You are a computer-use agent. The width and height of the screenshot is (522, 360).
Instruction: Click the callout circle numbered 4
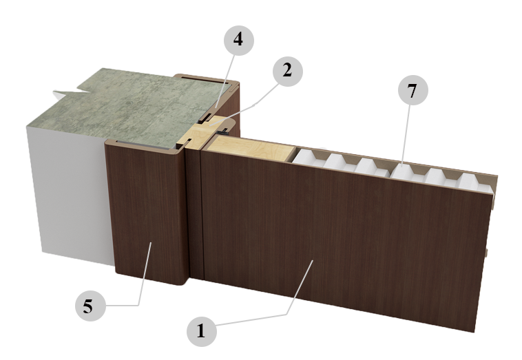(239, 40)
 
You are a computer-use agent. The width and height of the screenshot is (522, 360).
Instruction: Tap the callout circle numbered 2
(288, 71)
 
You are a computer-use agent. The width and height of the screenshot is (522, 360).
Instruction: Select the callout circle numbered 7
(413, 90)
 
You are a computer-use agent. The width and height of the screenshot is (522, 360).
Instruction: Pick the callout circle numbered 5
(90, 306)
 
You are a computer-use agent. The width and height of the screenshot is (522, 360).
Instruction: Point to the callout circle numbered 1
(202, 331)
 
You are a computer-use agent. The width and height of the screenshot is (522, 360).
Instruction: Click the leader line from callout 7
(407, 135)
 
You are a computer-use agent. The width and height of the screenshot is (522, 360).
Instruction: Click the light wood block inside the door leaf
(251, 149)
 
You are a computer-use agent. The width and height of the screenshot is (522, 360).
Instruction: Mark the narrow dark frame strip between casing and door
(195, 213)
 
